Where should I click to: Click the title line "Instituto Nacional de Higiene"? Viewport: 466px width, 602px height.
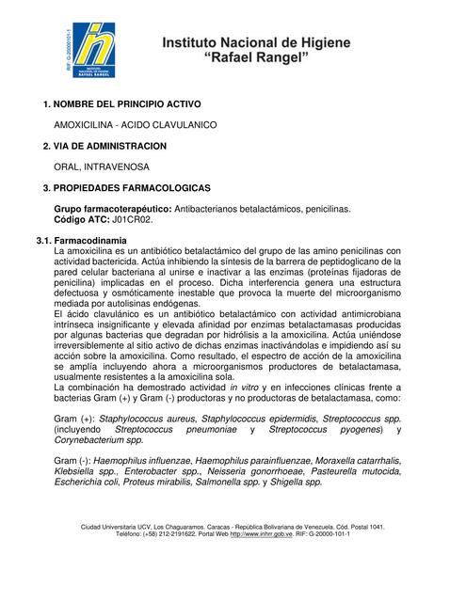coord(256,43)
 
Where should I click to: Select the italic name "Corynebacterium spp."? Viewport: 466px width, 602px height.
coord(99,439)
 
